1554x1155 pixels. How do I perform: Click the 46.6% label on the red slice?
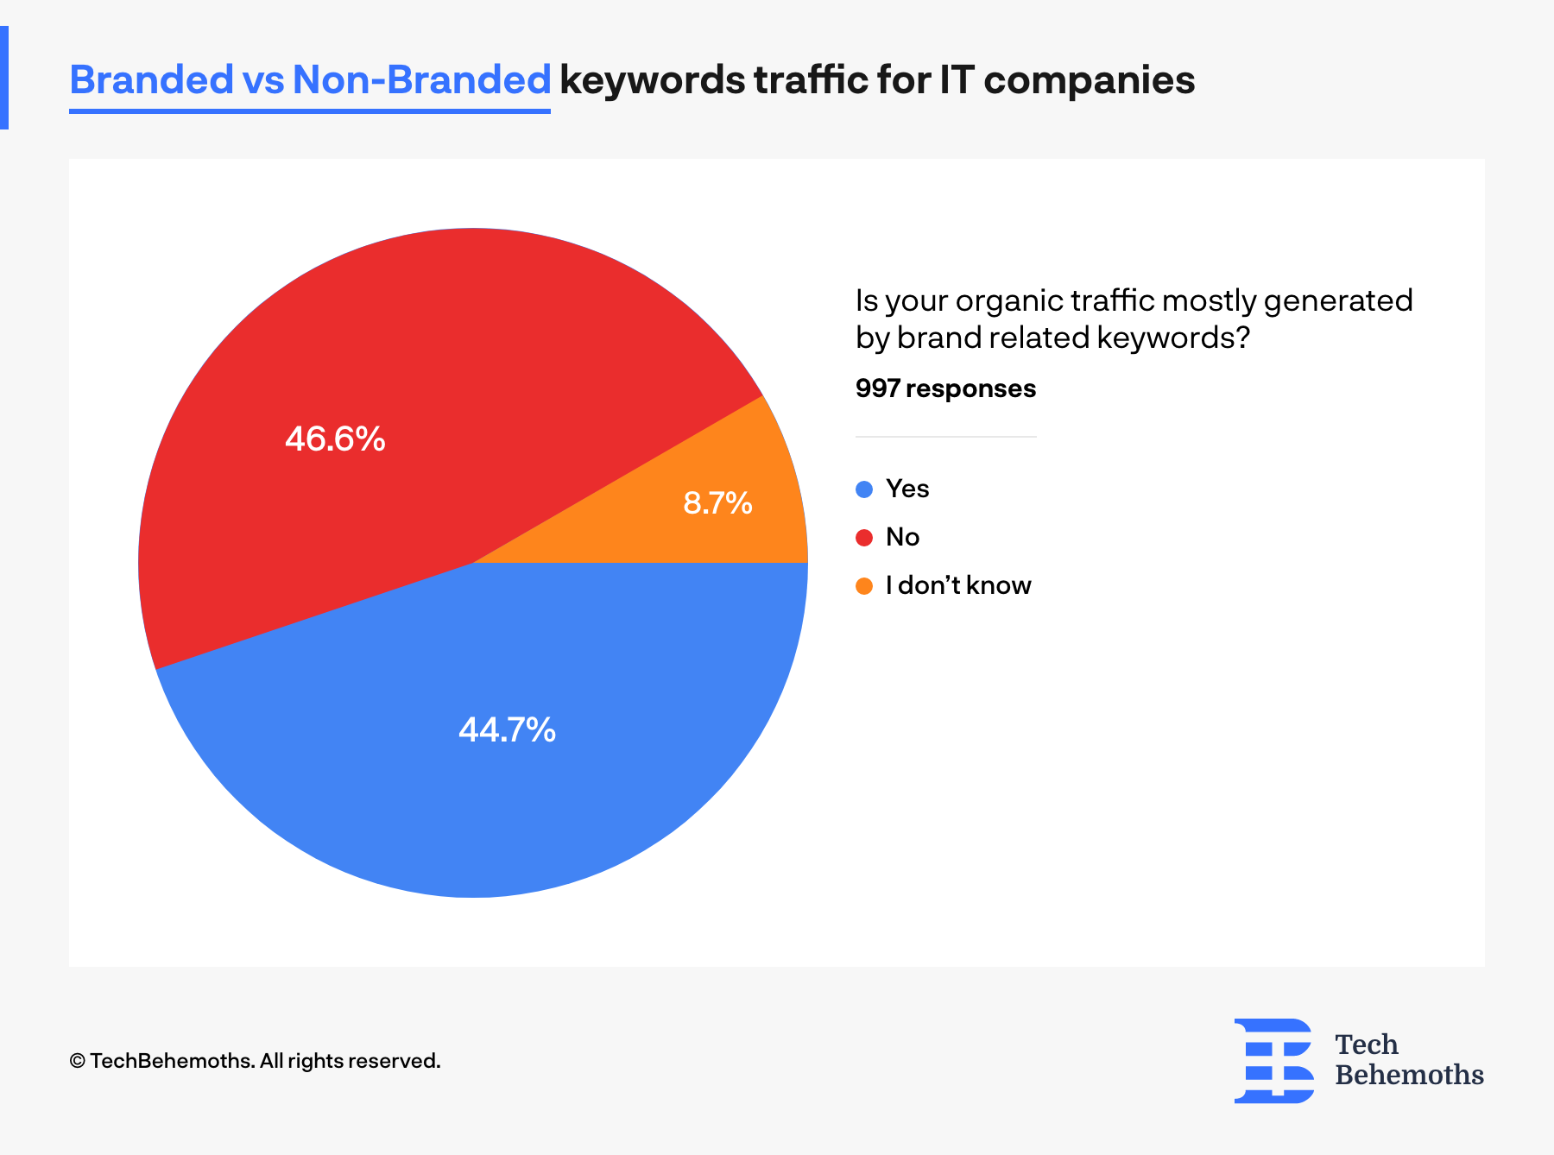tap(335, 439)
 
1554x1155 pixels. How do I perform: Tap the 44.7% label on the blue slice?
tap(507, 730)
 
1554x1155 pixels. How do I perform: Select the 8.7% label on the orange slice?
tap(717, 502)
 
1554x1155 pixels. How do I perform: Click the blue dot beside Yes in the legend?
tap(864, 489)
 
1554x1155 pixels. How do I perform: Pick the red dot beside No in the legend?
tap(864, 538)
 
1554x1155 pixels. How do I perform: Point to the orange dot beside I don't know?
tap(864, 586)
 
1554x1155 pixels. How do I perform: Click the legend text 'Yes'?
tap(907, 489)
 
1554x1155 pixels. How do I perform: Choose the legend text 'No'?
tap(902, 537)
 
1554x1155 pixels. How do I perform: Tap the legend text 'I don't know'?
tap(958, 585)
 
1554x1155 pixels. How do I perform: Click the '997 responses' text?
tap(945, 388)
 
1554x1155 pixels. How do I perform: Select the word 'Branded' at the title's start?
tap(151, 80)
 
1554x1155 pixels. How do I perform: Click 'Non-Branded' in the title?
tap(421, 80)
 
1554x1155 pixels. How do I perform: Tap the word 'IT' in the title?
tap(957, 80)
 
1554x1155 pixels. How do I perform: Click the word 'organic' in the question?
tap(1008, 301)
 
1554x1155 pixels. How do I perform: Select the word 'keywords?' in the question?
tap(1173, 338)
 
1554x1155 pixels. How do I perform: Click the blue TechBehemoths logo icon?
tap(1274, 1060)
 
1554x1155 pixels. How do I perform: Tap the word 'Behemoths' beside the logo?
tap(1409, 1075)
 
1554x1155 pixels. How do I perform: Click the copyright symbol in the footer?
tap(77, 1061)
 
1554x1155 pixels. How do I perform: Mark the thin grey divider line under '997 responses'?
tap(945, 437)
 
